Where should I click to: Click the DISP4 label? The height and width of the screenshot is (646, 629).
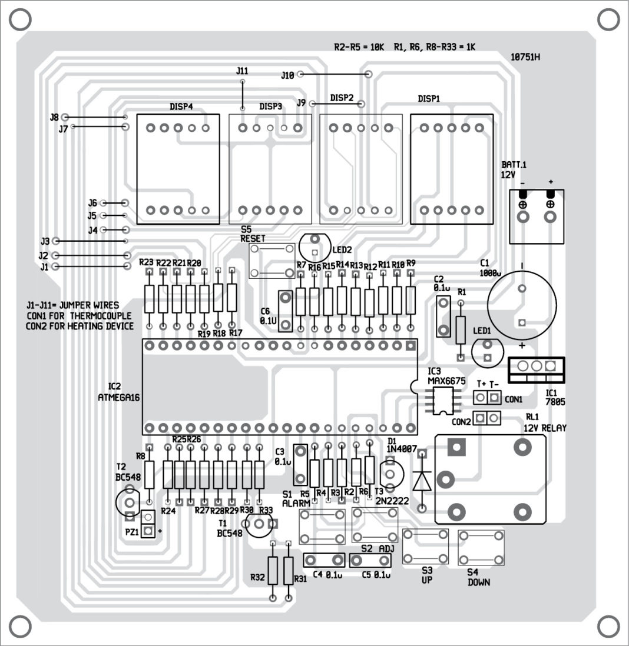181,106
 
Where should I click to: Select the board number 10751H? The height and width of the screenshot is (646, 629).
526,57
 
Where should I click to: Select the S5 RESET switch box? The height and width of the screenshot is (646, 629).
272,261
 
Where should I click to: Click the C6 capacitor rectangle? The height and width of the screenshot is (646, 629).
286,311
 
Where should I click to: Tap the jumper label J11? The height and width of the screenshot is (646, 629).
242,71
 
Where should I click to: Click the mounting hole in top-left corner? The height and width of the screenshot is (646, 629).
20,20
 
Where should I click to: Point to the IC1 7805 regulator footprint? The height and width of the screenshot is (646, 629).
537,366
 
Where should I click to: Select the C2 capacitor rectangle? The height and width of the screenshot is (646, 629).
443,316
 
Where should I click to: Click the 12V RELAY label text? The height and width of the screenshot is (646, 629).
545,428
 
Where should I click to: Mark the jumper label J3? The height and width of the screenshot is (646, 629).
45,241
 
